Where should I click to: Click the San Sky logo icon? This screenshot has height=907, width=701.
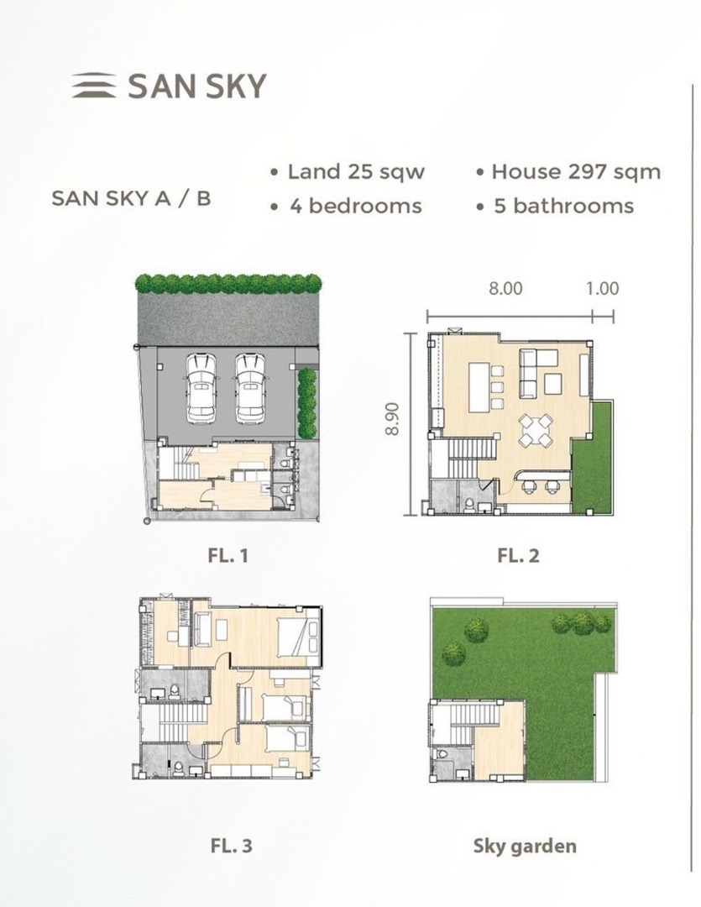pyautogui.click(x=94, y=86)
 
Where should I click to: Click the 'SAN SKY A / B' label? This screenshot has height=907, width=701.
pyautogui.click(x=131, y=198)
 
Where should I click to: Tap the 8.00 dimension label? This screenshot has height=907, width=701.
pyautogui.click(x=505, y=288)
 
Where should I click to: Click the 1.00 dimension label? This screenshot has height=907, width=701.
pyautogui.click(x=603, y=288)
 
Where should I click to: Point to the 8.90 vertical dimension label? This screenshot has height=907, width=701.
pyautogui.click(x=392, y=419)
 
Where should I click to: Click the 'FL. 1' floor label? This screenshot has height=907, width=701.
pyautogui.click(x=228, y=556)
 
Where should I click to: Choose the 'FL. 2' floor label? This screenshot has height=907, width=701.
pyautogui.click(x=518, y=556)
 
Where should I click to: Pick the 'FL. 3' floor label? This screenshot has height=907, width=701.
pyautogui.click(x=232, y=847)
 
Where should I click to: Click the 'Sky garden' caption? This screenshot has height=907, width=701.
pyautogui.click(x=526, y=847)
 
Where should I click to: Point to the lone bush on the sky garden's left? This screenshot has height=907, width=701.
pyautogui.click(x=453, y=652)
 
